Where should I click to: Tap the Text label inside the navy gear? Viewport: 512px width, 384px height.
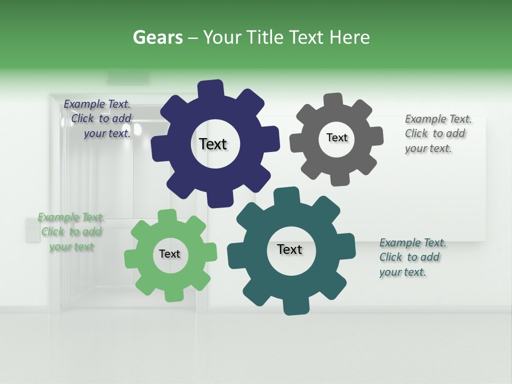tap(213, 144)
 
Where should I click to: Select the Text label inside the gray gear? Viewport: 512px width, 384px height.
tap(337, 138)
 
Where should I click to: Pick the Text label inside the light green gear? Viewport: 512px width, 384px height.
tap(170, 254)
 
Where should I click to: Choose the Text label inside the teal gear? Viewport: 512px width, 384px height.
tap(290, 249)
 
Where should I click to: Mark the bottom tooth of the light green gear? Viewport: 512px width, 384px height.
tap(174, 294)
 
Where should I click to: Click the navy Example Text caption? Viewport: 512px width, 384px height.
tap(98, 119)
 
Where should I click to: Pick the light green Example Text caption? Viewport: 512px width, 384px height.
tap(71, 232)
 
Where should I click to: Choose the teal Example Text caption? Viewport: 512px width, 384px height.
tap(412, 257)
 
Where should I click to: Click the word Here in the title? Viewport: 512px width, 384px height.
tap(350, 38)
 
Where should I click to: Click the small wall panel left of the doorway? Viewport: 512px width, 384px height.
tap(33, 230)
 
